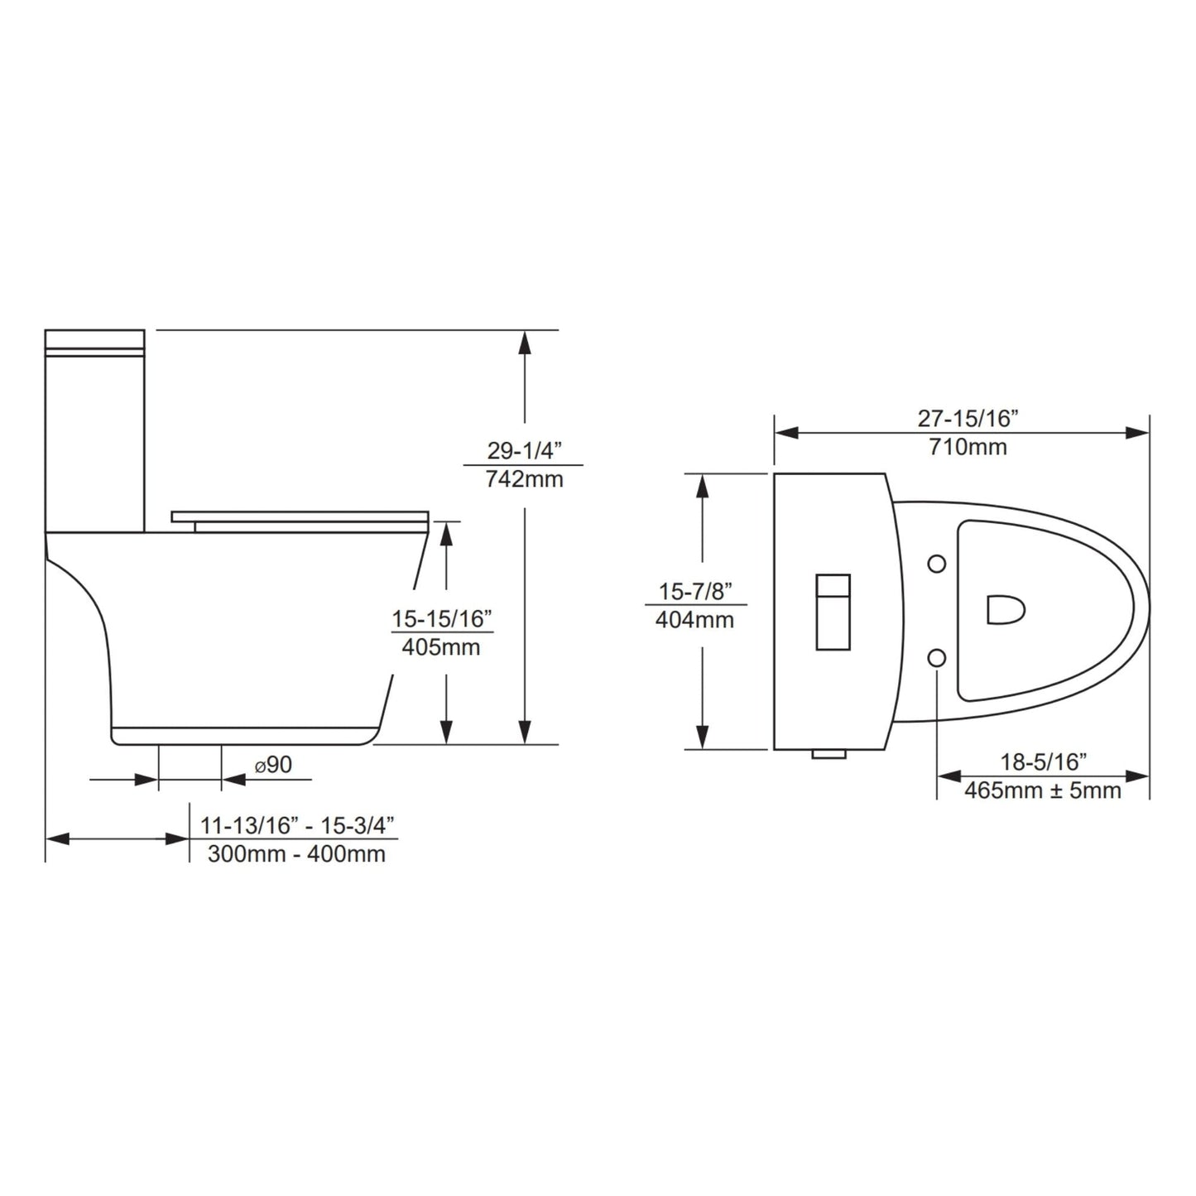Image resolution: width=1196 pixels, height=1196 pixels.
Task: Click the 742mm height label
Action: [x=524, y=478]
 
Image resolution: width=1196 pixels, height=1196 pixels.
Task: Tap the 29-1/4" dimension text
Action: [x=524, y=451]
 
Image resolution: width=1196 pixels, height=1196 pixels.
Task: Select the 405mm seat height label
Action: [x=440, y=647]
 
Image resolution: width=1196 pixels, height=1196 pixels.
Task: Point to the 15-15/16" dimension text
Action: [x=442, y=619]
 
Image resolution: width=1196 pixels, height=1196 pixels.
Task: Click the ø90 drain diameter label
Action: [x=273, y=765]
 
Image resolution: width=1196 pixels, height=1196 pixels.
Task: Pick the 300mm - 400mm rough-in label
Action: [x=296, y=853]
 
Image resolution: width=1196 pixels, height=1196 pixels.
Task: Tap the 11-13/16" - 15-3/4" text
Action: [x=296, y=825]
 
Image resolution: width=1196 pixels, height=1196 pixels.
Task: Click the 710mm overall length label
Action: [x=967, y=447]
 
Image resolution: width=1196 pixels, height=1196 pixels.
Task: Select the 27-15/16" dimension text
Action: [x=967, y=419]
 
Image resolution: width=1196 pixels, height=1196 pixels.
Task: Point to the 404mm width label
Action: [x=694, y=619]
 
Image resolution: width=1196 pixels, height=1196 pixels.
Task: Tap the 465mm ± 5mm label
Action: [x=1042, y=790]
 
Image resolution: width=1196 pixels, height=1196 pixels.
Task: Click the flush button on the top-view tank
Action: [x=833, y=611]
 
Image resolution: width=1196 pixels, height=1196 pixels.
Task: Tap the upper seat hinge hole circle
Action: [x=936, y=564]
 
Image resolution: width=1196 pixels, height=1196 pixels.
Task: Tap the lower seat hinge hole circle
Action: [x=936, y=657]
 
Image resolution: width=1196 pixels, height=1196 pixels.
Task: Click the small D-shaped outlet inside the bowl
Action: [x=1005, y=610]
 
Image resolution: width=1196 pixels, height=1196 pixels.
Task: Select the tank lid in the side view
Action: [x=94, y=341]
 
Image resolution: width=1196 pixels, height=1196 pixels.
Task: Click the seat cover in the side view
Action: [x=300, y=517]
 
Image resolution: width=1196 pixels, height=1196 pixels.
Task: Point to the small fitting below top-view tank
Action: [x=828, y=754]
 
